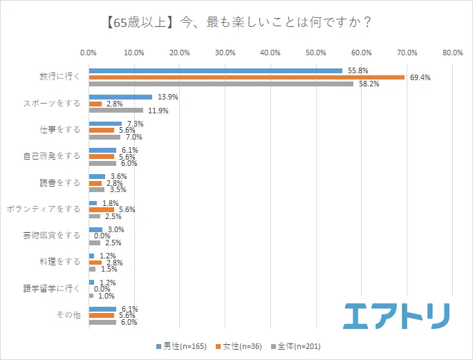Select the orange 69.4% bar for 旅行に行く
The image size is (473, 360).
click(246, 77)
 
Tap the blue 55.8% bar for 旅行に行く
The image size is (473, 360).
click(215, 70)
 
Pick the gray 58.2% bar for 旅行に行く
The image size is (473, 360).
click(221, 84)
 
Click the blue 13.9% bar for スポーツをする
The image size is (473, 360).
click(120, 97)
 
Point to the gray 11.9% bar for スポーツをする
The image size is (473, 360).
click(115, 110)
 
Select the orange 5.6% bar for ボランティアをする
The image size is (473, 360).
click(101, 209)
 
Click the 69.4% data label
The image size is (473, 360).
click(420, 77)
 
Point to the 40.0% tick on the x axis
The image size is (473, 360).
click(270, 52)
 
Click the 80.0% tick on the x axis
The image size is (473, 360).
click(452, 52)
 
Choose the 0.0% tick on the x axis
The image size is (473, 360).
click(89, 52)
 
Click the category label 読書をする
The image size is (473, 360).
click(60, 182)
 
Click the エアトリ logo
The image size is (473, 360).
click(397, 315)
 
